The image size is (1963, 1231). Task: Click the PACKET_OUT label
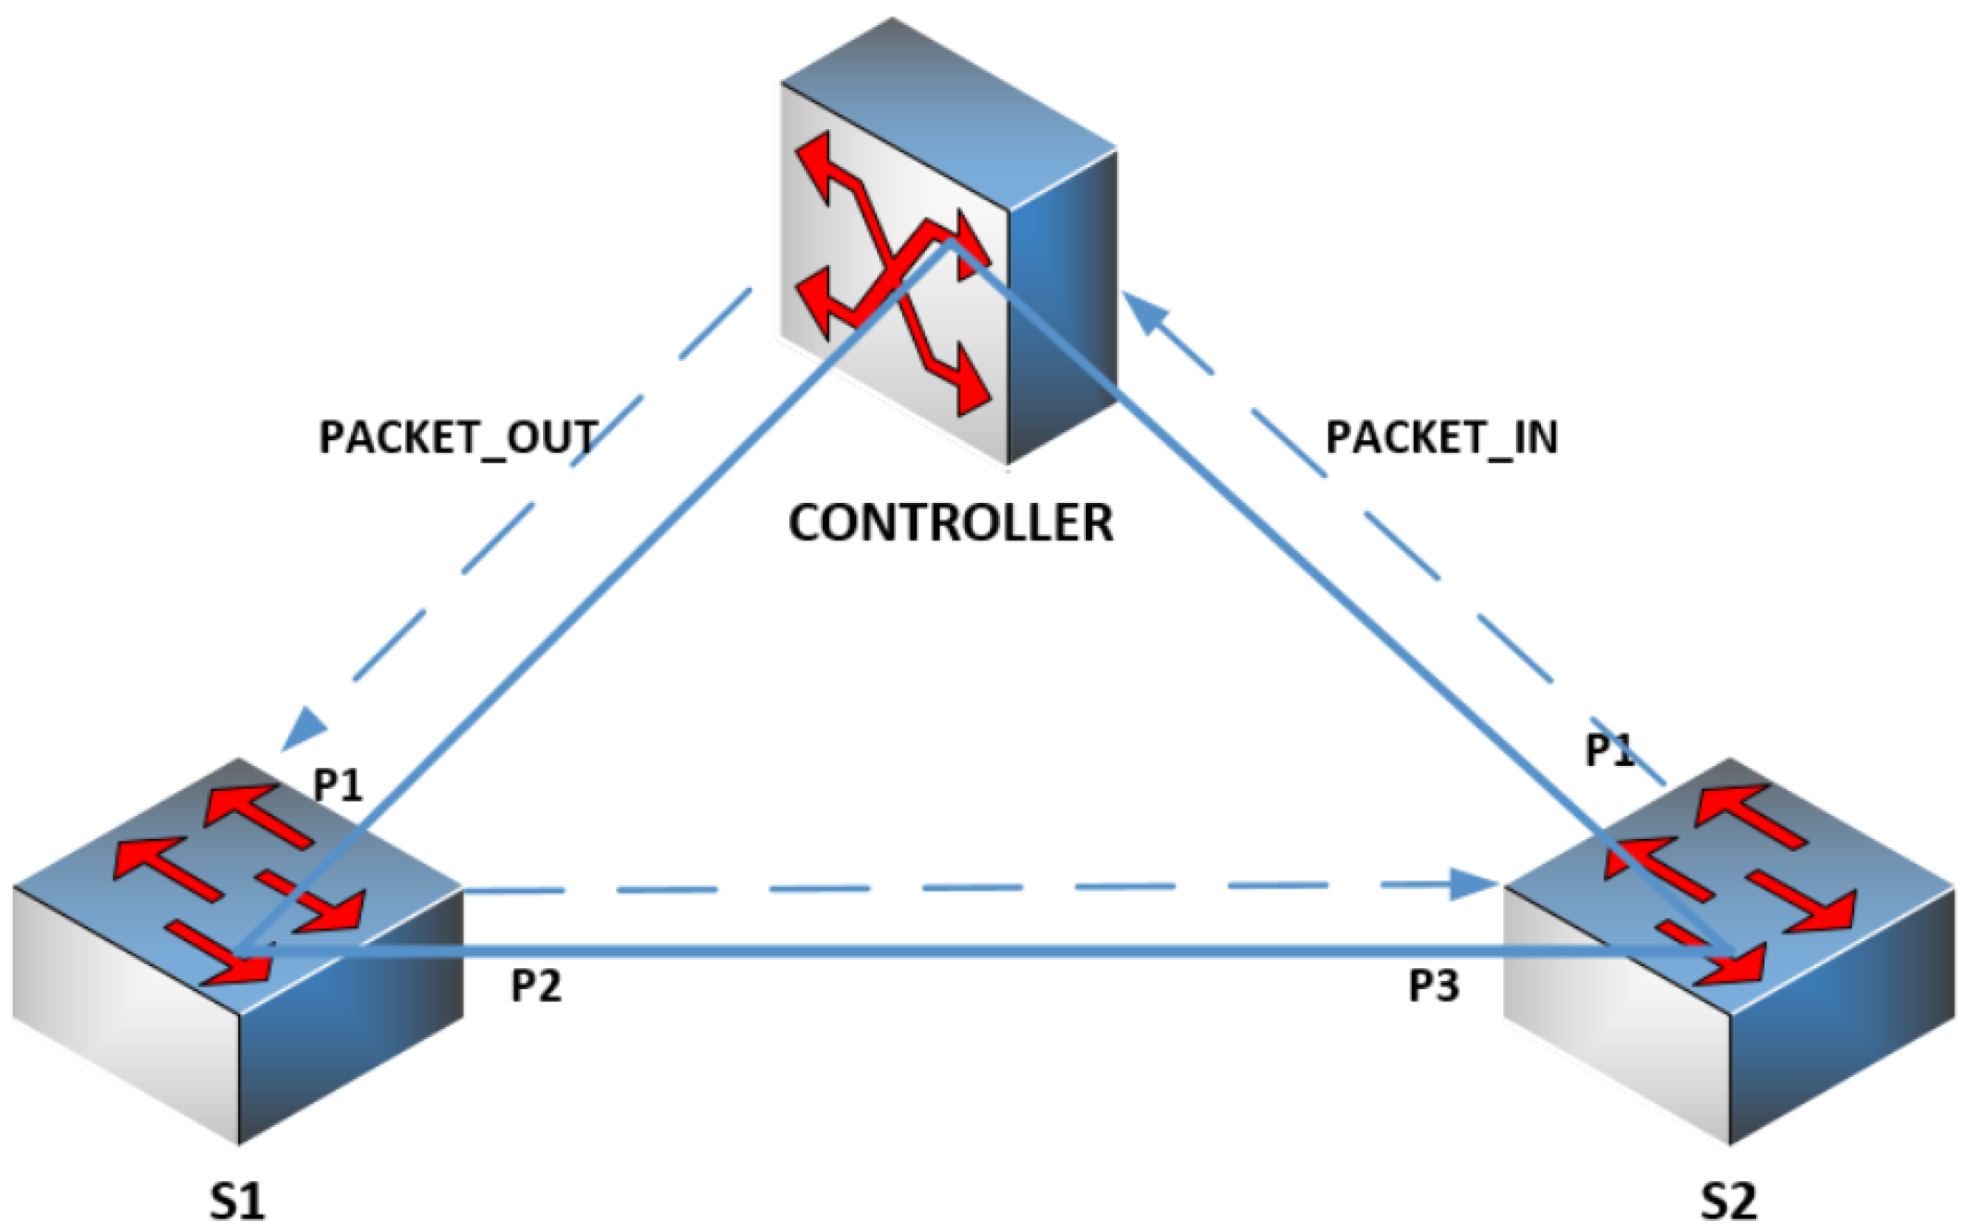coord(458,437)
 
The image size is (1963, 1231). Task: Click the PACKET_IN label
coord(1441,437)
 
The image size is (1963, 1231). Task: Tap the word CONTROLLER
coord(950,523)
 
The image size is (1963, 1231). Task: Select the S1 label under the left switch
coord(236,1201)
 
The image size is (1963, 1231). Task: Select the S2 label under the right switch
coord(1728,1201)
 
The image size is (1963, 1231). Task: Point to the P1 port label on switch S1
coord(338,785)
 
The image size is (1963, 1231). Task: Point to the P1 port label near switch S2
coord(1609,750)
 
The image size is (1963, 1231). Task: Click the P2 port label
coord(536,986)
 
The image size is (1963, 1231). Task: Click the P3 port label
coord(1433,986)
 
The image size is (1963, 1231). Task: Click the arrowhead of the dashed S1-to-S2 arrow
coord(1474,884)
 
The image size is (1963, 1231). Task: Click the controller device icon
coord(951,240)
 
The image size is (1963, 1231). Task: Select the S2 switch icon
coord(1728,950)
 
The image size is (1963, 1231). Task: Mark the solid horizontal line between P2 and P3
coord(923,950)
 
